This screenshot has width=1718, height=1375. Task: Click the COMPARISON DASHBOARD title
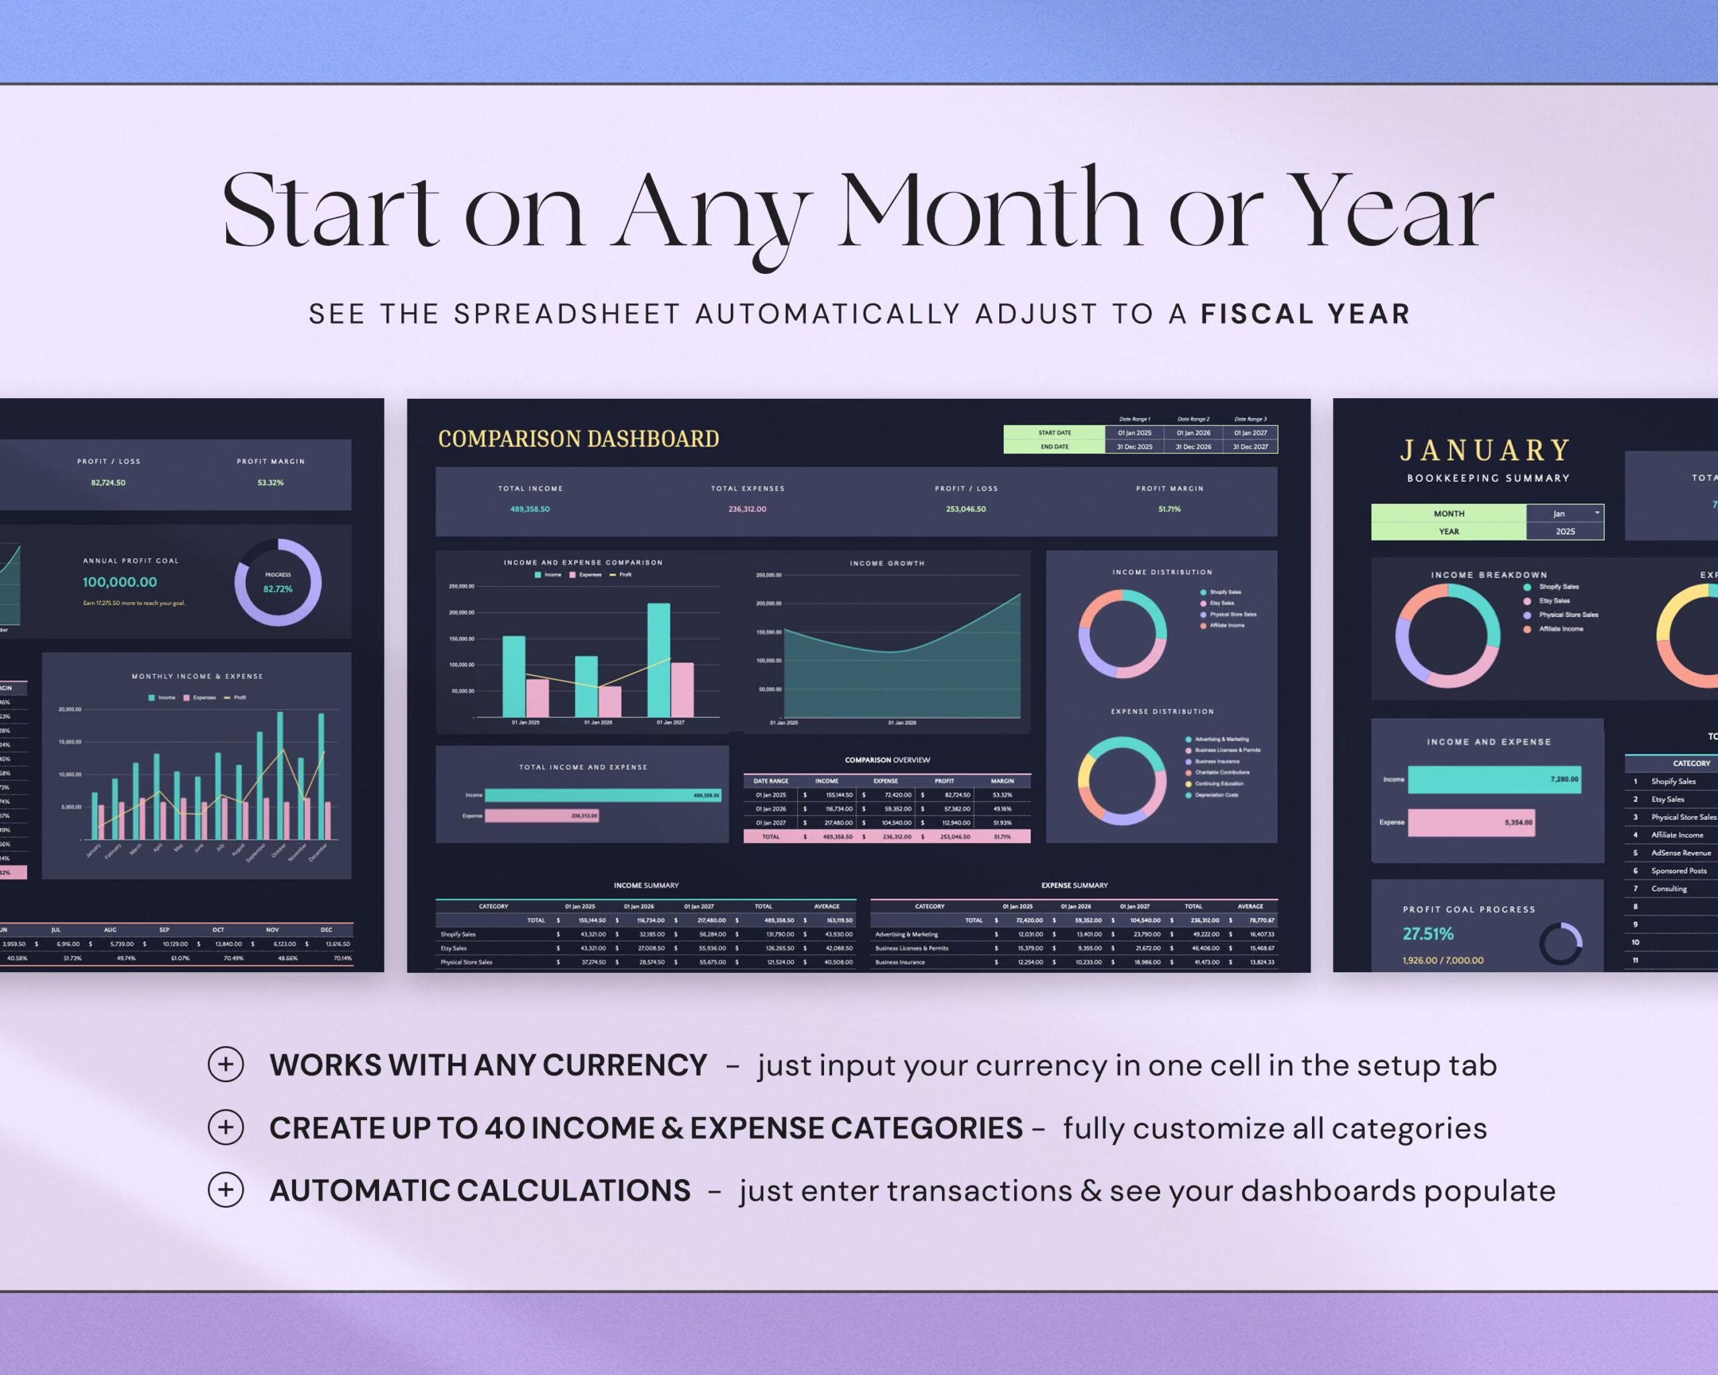(x=578, y=439)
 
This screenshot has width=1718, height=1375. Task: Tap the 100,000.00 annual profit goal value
(x=119, y=583)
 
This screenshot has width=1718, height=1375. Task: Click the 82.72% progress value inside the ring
(x=278, y=589)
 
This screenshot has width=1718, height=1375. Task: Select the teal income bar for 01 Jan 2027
(x=658, y=660)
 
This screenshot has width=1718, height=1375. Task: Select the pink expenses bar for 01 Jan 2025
(x=538, y=698)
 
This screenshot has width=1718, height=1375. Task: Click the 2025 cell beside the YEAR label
(x=1565, y=532)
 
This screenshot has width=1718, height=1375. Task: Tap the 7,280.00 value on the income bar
(x=1564, y=779)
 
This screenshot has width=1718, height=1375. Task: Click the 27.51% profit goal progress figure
(x=1428, y=934)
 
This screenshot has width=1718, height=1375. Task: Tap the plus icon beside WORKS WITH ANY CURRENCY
(x=225, y=1065)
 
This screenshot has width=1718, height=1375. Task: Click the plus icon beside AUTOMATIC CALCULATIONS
(x=225, y=1190)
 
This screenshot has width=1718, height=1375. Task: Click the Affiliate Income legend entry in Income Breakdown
(x=1560, y=629)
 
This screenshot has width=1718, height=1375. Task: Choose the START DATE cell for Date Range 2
(x=1193, y=433)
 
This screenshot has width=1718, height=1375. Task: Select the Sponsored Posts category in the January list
(x=1678, y=870)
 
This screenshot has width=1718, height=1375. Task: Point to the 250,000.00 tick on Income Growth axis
(x=768, y=575)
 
